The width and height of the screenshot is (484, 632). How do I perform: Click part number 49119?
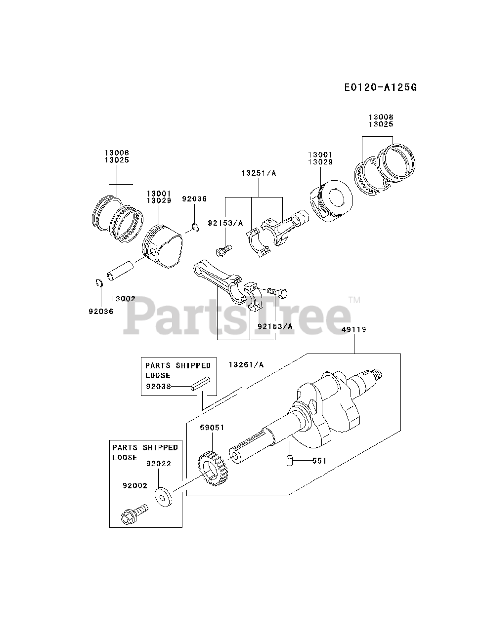353,329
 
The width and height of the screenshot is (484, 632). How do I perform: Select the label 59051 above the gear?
212,427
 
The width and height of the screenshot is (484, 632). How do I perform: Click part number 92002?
135,485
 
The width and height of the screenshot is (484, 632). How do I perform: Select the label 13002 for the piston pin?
123,299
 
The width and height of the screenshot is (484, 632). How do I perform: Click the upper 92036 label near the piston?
194,199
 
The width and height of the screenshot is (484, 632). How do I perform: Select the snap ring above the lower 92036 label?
98,282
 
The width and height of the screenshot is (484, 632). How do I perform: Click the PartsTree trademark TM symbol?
354,300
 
